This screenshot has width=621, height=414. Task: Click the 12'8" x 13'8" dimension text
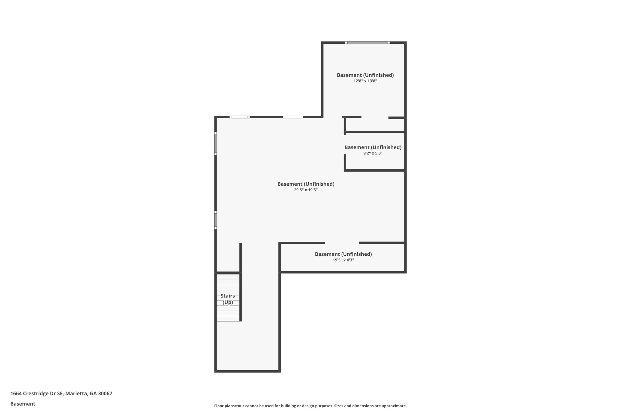click(x=365, y=81)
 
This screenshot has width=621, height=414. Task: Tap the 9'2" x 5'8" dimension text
click(x=373, y=153)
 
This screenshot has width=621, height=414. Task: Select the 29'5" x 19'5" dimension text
click(x=306, y=190)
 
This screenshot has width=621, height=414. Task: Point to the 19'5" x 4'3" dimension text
click(x=343, y=260)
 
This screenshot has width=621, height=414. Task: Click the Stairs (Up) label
click(x=228, y=299)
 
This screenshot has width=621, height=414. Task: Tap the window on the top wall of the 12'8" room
click(x=367, y=42)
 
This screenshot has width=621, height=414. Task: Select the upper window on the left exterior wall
click(x=216, y=143)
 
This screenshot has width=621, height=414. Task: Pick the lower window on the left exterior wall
click(x=216, y=220)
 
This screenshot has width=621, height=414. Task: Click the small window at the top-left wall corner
click(x=240, y=117)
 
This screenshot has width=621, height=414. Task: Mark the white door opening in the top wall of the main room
click(x=293, y=117)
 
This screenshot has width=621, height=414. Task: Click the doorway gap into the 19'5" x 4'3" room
click(x=342, y=243)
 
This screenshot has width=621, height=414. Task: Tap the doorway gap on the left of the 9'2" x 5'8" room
click(x=345, y=145)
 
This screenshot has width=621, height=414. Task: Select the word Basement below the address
click(x=23, y=404)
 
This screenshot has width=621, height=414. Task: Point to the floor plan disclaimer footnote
click(x=310, y=406)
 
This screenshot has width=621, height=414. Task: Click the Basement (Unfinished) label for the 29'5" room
click(x=306, y=184)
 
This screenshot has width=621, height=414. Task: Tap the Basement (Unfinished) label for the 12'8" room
click(x=365, y=75)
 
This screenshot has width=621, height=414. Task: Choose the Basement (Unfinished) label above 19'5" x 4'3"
click(x=343, y=254)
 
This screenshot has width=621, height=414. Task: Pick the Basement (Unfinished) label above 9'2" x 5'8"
click(x=373, y=147)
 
